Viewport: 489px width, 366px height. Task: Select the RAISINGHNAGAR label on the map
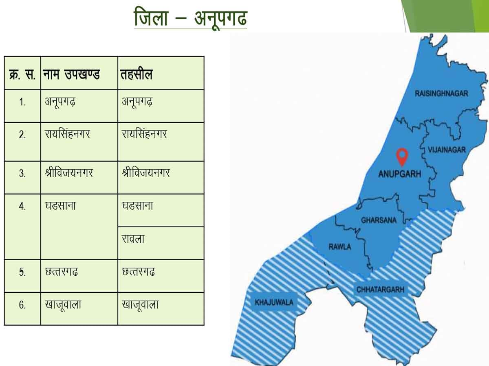point(441,94)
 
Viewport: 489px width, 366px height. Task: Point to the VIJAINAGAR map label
point(446,150)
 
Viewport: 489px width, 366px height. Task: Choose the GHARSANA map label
point(379,220)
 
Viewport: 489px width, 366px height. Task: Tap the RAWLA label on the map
point(339,246)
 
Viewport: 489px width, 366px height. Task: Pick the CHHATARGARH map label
point(380,290)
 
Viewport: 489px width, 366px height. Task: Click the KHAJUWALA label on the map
point(274,302)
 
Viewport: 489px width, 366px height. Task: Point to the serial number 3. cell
point(22,173)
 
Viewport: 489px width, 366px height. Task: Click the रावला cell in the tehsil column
point(133,239)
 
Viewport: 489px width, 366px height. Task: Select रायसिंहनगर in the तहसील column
point(145,134)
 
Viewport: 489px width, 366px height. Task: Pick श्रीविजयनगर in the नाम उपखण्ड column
point(69,173)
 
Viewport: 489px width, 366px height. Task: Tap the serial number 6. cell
point(22,305)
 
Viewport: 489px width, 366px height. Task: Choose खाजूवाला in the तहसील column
point(140,305)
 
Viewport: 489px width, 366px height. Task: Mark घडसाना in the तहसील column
point(138,206)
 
